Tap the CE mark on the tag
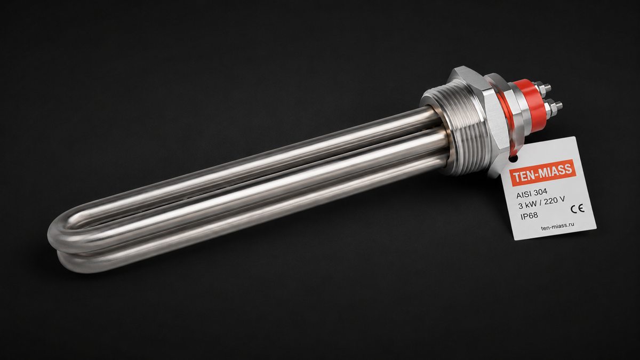point(578,209)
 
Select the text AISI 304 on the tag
point(527,194)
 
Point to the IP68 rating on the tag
point(529,215)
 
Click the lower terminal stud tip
point(558,105)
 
